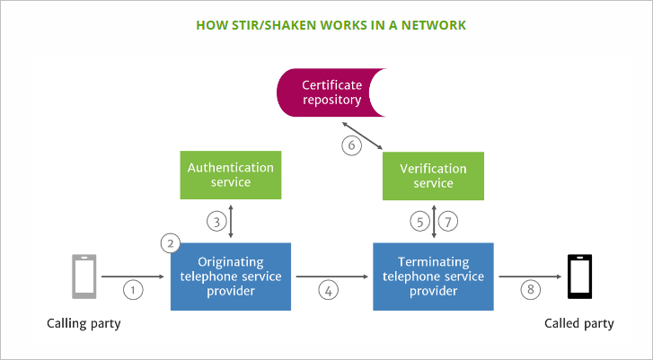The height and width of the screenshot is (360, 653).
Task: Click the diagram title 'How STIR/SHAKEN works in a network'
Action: coord(326,24)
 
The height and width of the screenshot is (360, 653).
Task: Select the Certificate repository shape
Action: coord(331,93)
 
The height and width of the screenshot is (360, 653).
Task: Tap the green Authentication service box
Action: coord(230,175)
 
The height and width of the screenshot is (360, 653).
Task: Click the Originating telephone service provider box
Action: coord(230,276)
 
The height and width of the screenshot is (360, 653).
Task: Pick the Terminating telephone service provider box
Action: coord(434,276)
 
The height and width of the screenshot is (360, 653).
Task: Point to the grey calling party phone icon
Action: coord(84,277)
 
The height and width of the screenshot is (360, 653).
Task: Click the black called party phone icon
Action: coord(579,277)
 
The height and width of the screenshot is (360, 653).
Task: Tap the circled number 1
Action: coord(133,289)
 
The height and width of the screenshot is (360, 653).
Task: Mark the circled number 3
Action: coord(215,221)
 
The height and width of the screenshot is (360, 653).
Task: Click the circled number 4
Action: coord(329,289)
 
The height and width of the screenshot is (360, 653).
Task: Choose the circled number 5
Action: coord(419,221)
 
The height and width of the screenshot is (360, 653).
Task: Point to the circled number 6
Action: coord(353,145)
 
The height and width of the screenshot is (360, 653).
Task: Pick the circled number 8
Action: coord(532,289)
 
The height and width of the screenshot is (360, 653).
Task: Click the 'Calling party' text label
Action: coord(83,323)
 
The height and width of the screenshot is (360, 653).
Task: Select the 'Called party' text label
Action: coord(579,323)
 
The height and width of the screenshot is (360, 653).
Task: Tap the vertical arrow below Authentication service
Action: coord(232,221)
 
